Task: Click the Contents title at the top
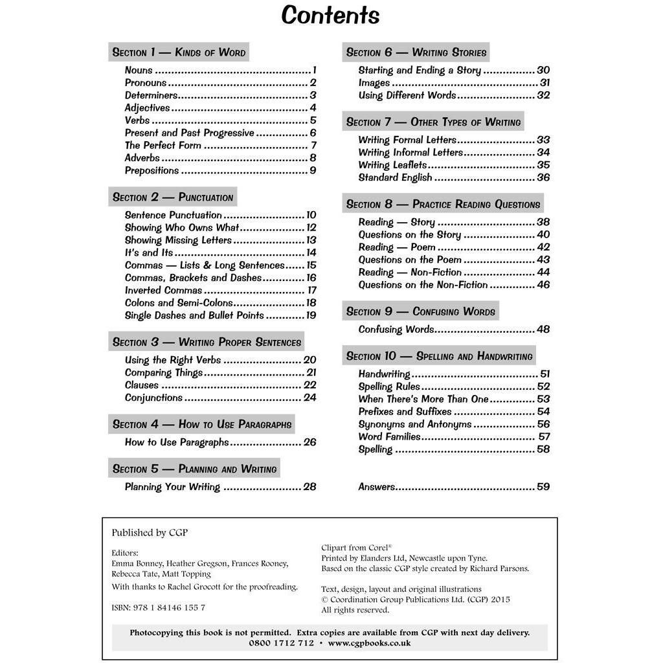coord(330,15)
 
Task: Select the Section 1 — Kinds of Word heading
coord(179,52)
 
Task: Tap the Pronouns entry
coord(146,83)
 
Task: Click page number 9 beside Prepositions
coord(313,171)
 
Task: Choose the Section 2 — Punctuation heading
coord(172,197)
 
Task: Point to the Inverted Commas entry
coord(163,291)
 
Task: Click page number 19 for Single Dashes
coord(311,316)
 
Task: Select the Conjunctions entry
coord(153,398)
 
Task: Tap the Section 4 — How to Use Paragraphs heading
coord(201,425)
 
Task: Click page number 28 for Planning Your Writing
coord(309,487)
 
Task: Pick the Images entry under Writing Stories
coord(374,83)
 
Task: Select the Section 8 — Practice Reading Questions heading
coord(443,205)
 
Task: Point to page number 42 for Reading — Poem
coord(543,247)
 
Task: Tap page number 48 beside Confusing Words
coord(543,330)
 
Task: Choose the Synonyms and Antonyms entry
coord(415,425)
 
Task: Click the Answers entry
coord(377,487)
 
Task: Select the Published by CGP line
coord(150,533)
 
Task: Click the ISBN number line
coord(158,607)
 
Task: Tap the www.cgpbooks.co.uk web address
coord(369,643)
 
